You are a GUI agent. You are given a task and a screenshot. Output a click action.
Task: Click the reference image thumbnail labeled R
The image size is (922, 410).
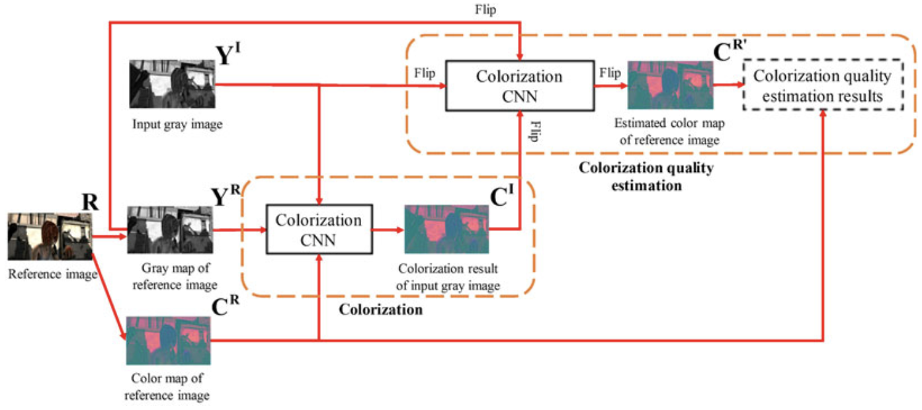coord(50,236)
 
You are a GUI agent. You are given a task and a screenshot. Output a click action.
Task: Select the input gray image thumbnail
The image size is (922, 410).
coord(172,84)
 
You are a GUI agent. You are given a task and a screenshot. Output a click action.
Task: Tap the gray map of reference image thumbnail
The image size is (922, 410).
coord(170,229)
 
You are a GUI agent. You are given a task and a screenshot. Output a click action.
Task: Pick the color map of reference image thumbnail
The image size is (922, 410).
coord(169,341)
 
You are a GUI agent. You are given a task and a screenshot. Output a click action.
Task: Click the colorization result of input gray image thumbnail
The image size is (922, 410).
coord(446,229)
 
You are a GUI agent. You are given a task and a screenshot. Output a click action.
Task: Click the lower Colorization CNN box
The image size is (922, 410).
coord(319,229)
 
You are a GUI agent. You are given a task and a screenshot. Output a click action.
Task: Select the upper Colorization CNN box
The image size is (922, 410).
coord(519,86)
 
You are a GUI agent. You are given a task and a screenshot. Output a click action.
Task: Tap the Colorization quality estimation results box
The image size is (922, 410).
coord(822,86)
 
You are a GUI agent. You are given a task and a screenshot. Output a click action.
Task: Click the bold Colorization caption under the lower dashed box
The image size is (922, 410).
coord(380,309)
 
